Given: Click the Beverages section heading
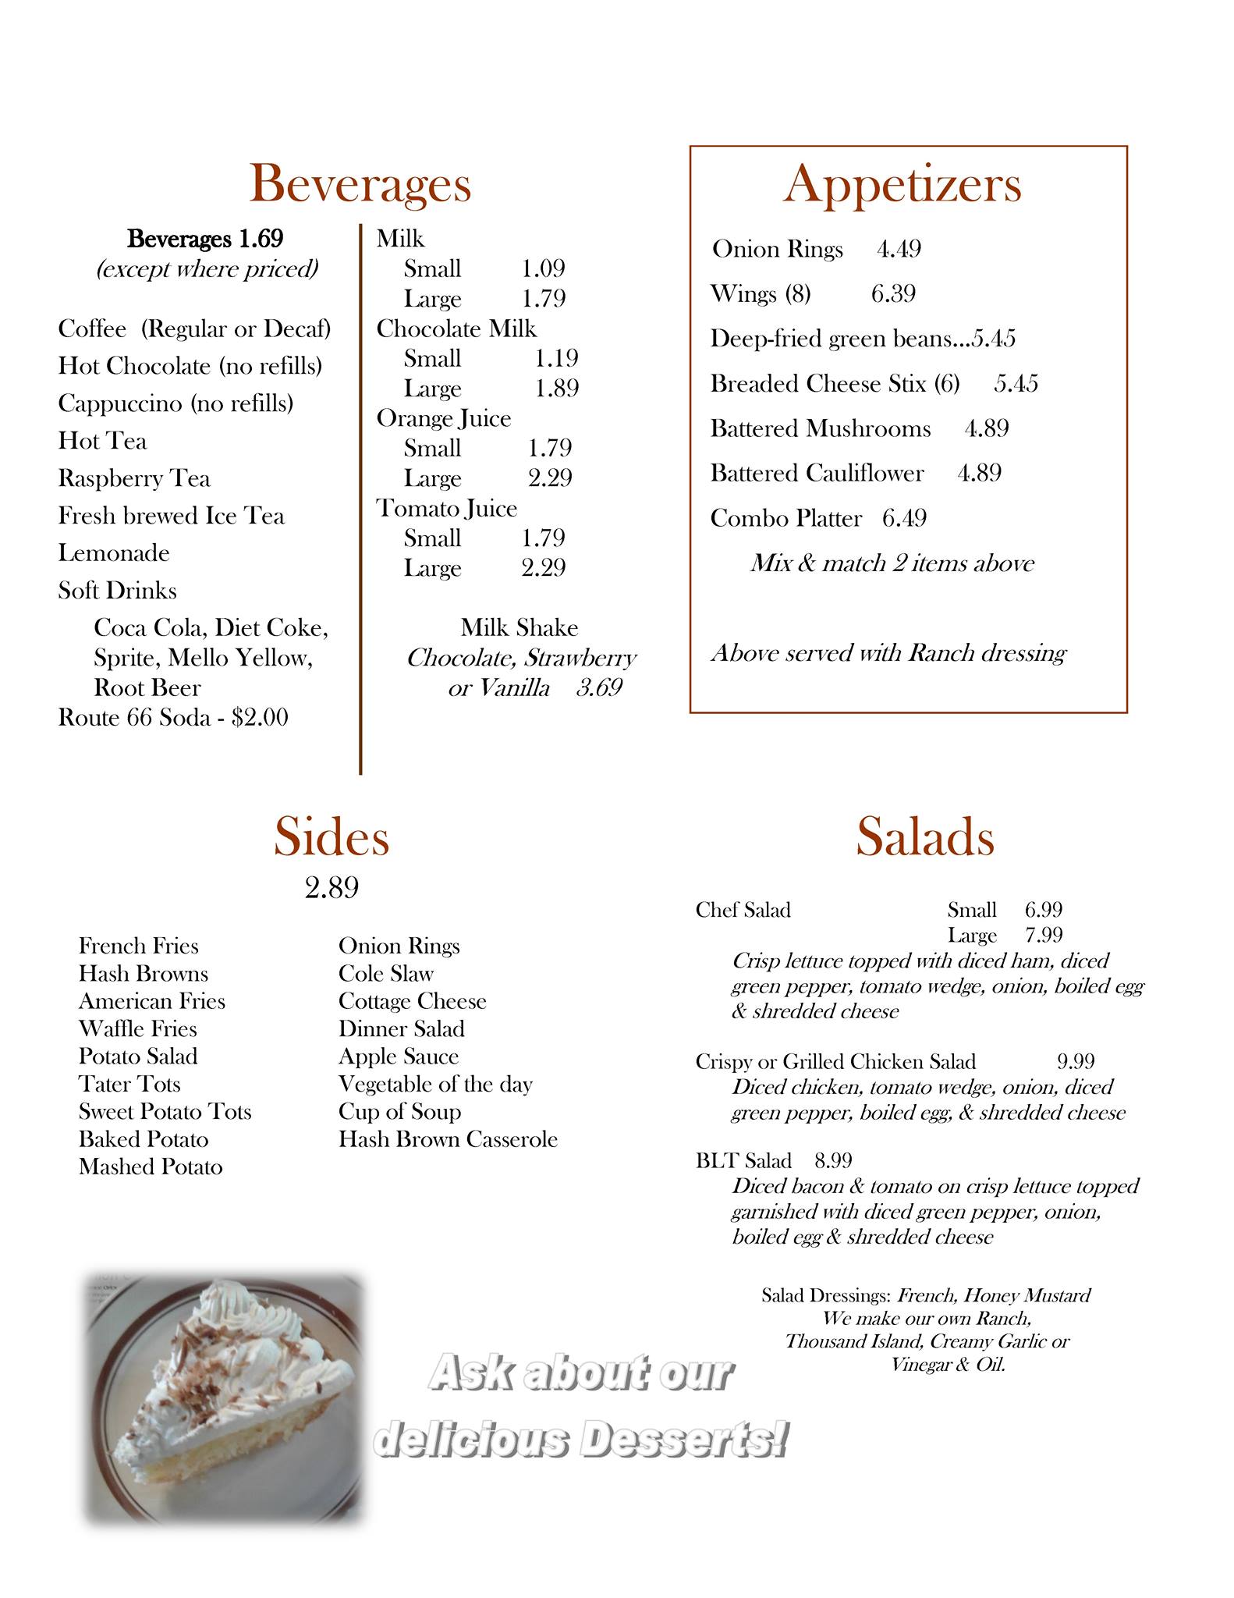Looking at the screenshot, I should coord(360,184).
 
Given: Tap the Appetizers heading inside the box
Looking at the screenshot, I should coord(902,184).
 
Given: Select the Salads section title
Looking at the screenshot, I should coord(925,837).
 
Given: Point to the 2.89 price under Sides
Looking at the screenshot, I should coord(332,888).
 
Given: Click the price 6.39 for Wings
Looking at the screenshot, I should coord(893,294).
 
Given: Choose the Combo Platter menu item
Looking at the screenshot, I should coord(785,519).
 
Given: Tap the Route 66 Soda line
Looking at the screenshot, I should coord(173,718).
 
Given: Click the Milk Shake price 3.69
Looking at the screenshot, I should coord(599,688).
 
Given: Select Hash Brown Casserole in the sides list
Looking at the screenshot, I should coord(448,1139).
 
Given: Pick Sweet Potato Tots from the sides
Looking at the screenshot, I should coord(165,1112).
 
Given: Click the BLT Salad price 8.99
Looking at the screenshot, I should coord(833,1161).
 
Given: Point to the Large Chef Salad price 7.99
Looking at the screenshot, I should coord(1044,935).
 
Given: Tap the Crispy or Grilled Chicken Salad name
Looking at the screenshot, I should coord(835,1062).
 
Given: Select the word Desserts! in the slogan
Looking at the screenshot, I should coord(683,1441).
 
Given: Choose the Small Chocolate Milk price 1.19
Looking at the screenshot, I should coord(556,359).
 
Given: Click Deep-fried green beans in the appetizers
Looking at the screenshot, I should coord(831,339).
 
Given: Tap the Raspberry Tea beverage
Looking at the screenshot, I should coord(134,478).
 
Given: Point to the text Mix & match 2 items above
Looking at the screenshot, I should coord(892,563).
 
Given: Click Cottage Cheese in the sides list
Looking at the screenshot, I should coord(412,1001).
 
